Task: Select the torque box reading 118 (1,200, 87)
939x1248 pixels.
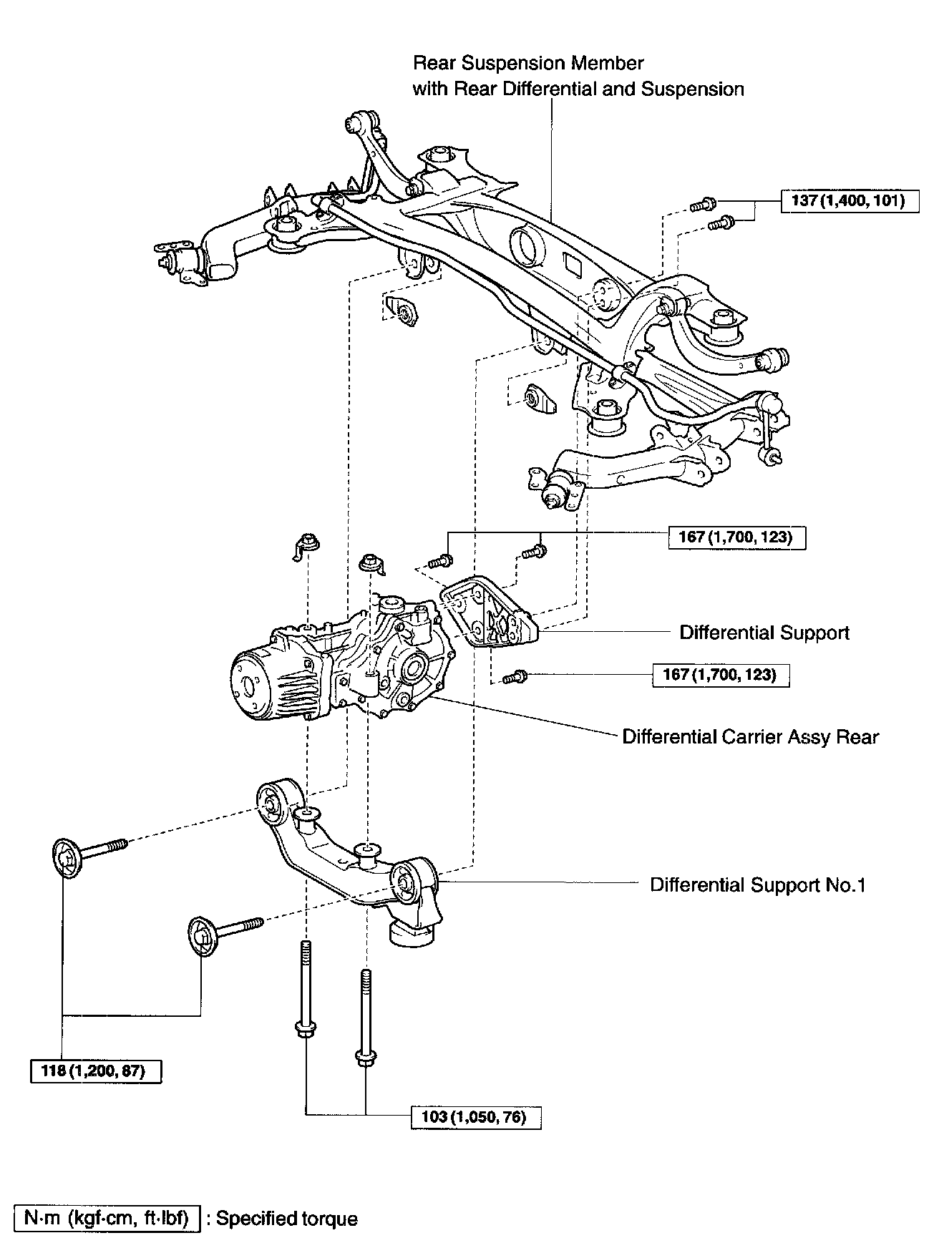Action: [96, 1071]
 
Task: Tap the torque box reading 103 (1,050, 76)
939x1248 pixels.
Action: [476, 1117]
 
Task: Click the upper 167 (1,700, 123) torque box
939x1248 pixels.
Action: [736, 537]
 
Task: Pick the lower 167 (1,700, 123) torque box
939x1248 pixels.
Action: [721, 675]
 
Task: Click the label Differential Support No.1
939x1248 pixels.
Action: [758, 885]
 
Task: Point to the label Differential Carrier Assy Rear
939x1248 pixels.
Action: [751, 737]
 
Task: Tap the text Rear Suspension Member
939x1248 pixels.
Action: [528, 63]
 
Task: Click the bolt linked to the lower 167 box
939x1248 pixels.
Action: [515, 675]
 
